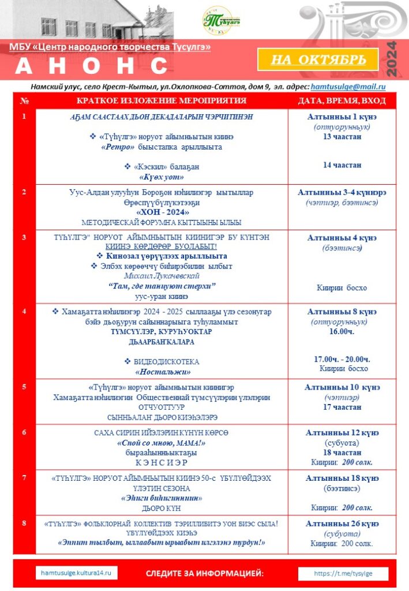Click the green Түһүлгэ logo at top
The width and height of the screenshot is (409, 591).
pos(222,21)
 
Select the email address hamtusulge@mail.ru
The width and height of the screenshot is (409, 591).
pos(348,87)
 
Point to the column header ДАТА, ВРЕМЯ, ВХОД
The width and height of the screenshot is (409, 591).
pos(342,101)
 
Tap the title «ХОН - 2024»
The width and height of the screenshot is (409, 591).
pos(161,212)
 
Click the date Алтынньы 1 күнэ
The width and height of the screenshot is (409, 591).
pos(342,117)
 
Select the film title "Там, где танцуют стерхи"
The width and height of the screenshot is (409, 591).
pos(162,286)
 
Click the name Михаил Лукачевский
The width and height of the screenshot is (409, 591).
pos(162,276)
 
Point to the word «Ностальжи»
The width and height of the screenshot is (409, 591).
pos(162,372)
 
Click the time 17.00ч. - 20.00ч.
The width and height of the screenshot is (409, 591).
pos(342,359)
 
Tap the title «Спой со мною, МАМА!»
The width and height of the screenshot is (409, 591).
pos(162,443)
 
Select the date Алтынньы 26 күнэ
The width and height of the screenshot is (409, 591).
pos(342,523)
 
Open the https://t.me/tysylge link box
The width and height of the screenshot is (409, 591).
pos(343,573)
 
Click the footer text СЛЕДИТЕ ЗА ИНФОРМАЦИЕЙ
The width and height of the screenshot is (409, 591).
pos(205,573)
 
